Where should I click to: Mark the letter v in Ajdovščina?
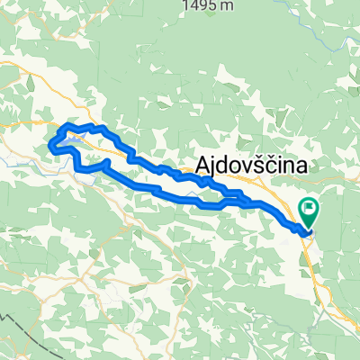point(247,166)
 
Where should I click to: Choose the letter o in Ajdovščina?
point(236,166)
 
